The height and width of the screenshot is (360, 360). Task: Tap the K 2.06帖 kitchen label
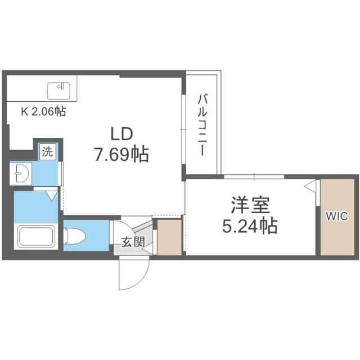[43, 111]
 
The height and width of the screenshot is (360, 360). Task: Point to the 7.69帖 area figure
[121, 154]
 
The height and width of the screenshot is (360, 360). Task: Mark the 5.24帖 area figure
[248, 226]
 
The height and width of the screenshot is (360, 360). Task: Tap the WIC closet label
[337, 216]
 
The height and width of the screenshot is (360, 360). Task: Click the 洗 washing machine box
[48, 151]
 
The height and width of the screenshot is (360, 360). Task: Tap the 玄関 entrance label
[133, 242]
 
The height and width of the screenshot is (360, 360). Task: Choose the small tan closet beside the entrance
[169, 237]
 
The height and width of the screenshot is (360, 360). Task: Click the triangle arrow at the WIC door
[310, 185]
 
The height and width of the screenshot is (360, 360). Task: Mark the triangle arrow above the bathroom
[52, 195]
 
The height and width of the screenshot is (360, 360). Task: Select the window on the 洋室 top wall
[253, 177]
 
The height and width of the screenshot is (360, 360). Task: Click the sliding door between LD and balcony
[183, 129]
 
